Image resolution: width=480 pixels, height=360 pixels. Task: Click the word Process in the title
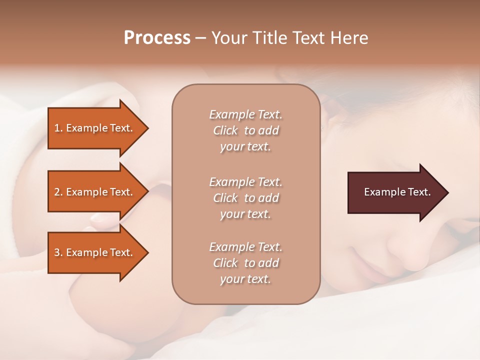point(157,38)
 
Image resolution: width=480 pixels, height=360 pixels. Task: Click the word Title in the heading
point(268,38)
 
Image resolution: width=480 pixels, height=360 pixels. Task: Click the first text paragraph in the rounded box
point(245,130)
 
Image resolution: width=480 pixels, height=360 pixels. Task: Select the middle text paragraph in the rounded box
point(245,197)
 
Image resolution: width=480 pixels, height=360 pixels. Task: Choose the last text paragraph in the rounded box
point(245,263)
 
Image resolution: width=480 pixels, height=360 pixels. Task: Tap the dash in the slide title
point(201,38)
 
